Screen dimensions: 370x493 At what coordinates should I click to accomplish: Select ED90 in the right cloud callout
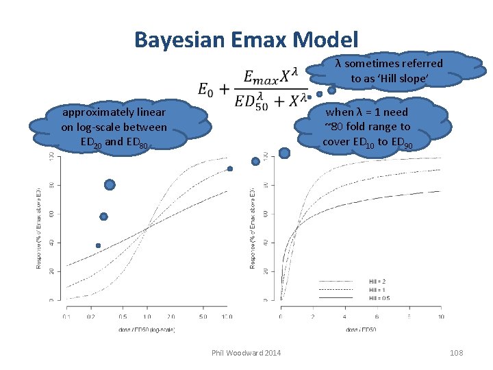(x=399, y=143)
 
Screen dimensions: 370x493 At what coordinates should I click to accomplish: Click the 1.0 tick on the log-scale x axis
(x=146, y=317)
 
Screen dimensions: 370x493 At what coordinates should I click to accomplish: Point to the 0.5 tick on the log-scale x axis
(x=122, y=317)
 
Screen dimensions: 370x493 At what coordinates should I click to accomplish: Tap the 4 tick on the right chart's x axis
(x=344, y=317)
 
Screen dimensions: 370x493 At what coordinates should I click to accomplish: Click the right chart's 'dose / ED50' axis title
(x=362, y=331)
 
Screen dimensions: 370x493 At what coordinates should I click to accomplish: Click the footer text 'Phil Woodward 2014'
(x=246, y=352)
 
